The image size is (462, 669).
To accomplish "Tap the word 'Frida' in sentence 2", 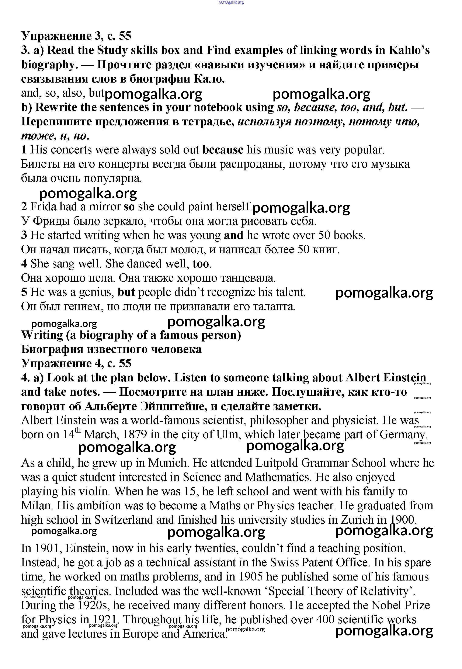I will click(43, 207).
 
